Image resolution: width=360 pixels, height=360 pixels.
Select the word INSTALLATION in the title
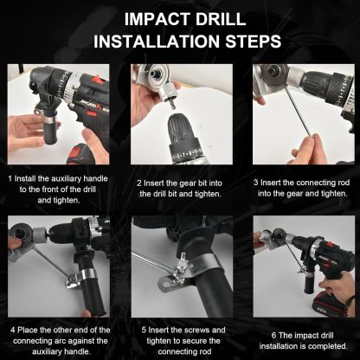pos(150,40)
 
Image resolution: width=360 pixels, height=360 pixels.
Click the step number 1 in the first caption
pos(10,177)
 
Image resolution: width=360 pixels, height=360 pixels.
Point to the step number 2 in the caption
pos(138,183)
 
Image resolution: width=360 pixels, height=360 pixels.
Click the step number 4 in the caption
pos(11,330)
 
